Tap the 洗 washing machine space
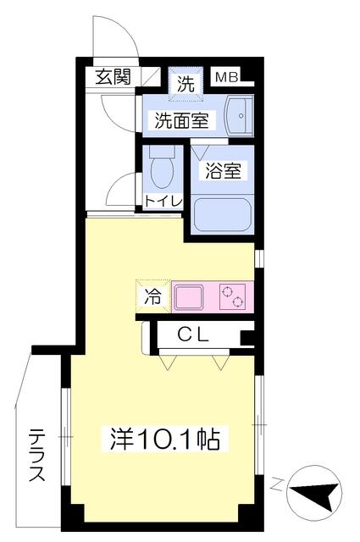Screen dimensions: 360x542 tap(186, 84)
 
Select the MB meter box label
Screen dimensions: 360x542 tap(227, 77)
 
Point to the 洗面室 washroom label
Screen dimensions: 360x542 tap(181, 120)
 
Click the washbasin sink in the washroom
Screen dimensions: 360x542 tap(238, 115)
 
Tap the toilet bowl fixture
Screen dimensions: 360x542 tap(162, 167)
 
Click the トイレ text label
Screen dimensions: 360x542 tap(163, 202)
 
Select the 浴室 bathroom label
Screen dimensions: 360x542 tap(223, 170)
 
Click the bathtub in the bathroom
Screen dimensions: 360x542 tap(222, 214)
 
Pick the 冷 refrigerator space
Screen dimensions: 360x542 tap(152, 296)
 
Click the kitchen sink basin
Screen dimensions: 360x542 tap(189, 297)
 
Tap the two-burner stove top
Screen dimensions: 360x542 tap(232, 297)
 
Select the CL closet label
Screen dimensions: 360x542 tap(193, 335)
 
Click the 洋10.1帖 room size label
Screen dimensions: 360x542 tap(165, 439)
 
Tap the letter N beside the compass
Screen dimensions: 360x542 tap(275, 484)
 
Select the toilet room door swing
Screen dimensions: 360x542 tap(119, 190)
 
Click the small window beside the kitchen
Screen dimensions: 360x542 tap(258, 258)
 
